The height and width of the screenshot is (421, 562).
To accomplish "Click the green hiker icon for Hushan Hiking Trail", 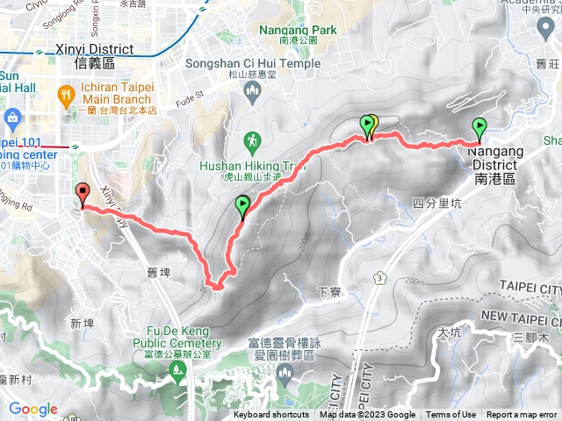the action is point(253,140).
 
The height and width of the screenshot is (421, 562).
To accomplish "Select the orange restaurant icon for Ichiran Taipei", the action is point(66,93).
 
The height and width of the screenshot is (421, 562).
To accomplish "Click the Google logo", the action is point(33,409).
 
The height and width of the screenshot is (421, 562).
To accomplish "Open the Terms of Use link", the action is point(451,415).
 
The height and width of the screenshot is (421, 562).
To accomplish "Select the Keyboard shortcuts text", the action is point(271,415).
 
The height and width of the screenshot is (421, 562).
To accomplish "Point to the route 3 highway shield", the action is point(379,278).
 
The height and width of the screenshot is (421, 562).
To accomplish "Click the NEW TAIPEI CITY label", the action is point(521,316).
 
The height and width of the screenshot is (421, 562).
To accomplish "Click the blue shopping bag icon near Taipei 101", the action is point(13,118).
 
